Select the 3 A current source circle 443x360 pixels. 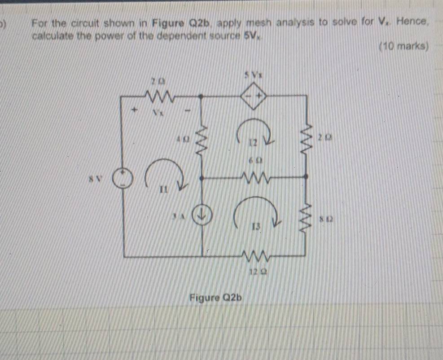pos(202,216)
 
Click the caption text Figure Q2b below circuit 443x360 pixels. pos(215,298)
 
